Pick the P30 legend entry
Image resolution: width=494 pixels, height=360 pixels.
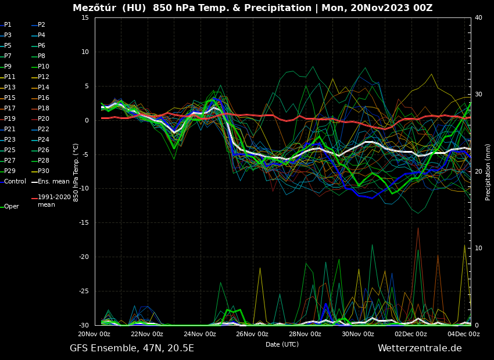point(44,171)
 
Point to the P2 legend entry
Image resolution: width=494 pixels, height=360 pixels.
point(41,25)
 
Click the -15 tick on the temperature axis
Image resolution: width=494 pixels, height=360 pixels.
point(84,223)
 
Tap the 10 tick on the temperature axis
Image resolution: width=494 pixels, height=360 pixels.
point(85,52)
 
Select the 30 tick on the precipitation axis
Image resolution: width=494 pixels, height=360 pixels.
point(478,95)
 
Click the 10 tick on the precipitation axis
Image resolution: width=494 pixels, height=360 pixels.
point(478,249)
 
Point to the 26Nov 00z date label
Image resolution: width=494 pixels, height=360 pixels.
point(252,334)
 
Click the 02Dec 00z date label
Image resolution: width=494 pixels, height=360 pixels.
point(410,334)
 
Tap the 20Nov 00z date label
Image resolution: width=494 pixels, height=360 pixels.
point(94,334)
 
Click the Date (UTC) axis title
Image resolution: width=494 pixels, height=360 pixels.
point(282,344)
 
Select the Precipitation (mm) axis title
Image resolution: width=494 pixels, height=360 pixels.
point(488,172)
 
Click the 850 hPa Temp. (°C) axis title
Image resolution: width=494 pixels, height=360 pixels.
point(76,172)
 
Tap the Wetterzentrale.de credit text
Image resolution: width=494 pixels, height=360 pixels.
point(420,348)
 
